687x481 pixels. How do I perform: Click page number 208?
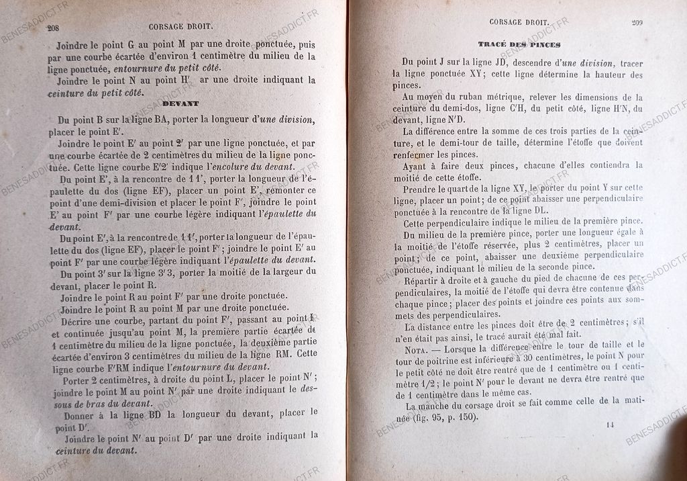(52, 28)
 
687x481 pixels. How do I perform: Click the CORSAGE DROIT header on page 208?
(181, 28)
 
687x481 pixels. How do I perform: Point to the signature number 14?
(610, 425)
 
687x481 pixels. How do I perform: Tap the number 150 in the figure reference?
(465, 418)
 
